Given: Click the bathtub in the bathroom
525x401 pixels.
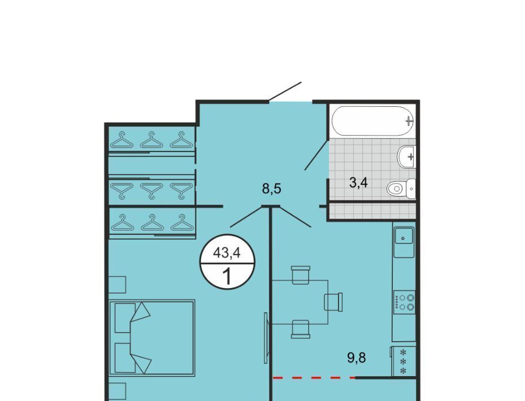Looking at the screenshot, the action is (x=372, y=121).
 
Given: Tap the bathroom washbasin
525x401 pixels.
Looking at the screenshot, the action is (x=406, y=156).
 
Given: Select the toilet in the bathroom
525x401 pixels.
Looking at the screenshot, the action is (x=401, y=189).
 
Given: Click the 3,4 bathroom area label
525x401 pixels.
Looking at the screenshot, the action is (x=359, y=183).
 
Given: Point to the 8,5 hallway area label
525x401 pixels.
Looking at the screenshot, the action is (x=271, y=189).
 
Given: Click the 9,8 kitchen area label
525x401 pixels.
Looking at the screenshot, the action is (x=357, y=358).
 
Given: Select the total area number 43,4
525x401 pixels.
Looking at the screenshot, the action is (x=227, y=252).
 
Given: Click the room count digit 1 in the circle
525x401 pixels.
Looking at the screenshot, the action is (x=227, y=277).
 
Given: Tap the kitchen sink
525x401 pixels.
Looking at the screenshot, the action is (x=404, y=242).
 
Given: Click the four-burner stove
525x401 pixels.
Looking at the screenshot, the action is (x=404, y=302).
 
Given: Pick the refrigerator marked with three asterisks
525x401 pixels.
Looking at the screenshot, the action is (x=403, y=361).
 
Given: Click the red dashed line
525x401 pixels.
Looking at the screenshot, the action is (x=314, y=378).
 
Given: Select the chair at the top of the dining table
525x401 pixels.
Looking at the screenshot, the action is (x=301, y=275).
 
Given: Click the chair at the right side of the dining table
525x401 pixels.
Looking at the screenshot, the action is (x=333, y=302).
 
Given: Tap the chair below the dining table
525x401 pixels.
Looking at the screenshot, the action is (x=300, y=329).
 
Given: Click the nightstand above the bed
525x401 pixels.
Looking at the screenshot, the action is (x=117, y=285).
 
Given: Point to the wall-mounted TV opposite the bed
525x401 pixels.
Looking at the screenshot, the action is (x=266, y=338).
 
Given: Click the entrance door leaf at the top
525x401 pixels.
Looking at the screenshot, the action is (x=285, y=91).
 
